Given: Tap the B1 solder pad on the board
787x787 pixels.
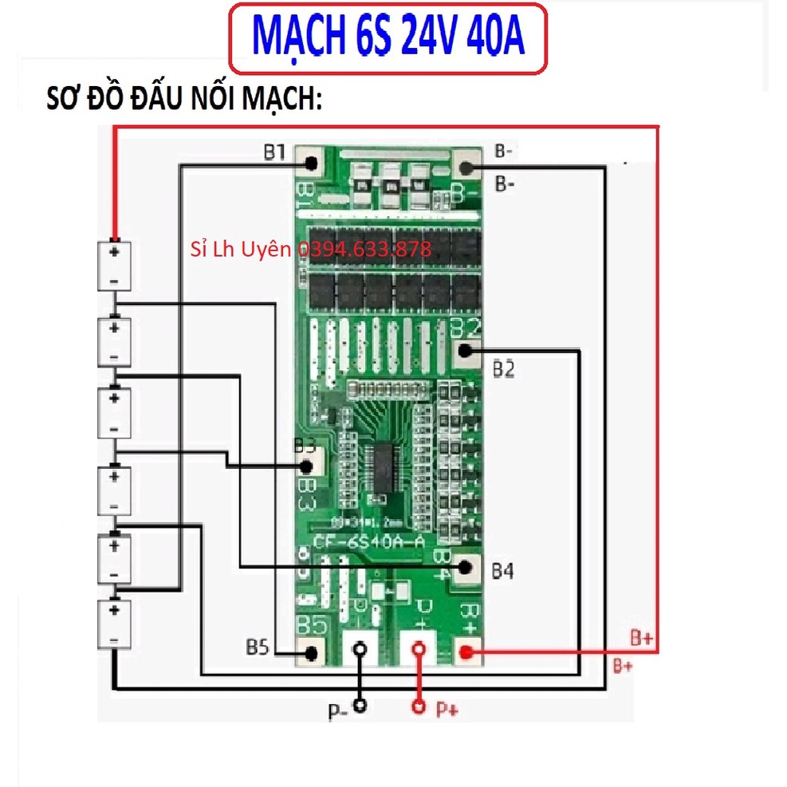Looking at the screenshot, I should pyautogui.click(x=311, y=164).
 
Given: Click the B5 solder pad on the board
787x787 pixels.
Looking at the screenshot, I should pyautogui.click(x=311, y=653).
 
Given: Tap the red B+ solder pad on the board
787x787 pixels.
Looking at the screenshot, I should pyautogui.click(x=467, y=653).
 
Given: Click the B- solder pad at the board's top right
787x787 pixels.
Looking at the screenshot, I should pyautogui.click(x=467, y=167).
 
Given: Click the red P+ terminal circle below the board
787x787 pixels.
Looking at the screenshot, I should pyautogui.click(x=416, y=706).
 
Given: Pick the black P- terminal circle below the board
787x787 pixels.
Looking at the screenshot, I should pyautogui.click(x=361, y=706).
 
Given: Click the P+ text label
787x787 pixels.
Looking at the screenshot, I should pyautogui.click(x=447, y=708).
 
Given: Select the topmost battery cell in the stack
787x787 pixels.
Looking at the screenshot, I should pyautogui.click(x=115, y=266).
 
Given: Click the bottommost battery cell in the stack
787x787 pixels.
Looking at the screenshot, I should pyautogui.click(x=115, y=625).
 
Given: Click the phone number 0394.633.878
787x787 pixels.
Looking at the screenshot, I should pyautogui.click(x=364, y=250).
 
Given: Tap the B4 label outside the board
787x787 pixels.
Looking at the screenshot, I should pyautogui.click(x=502, y=571).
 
